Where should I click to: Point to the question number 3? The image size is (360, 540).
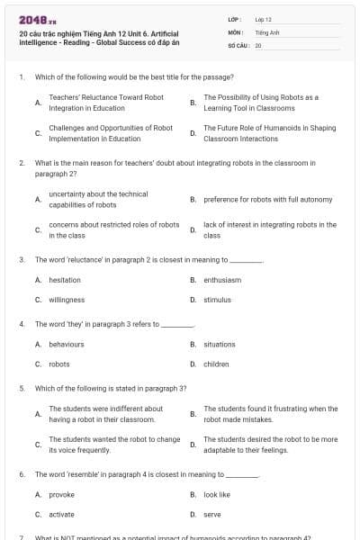[21, 259]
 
